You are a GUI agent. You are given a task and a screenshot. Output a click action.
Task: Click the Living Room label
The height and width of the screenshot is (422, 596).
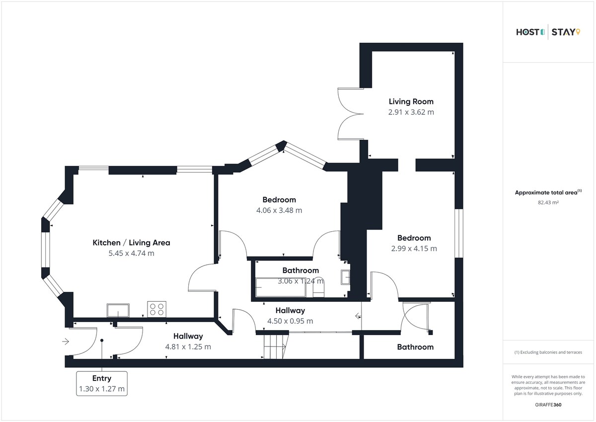click(411, 101)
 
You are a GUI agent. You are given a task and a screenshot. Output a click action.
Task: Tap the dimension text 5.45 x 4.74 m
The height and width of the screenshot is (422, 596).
click(132, 253)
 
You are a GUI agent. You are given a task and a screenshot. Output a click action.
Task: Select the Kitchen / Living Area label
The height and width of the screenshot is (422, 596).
click(132, 243)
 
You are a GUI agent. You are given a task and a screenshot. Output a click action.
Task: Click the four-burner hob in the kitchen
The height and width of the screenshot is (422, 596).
click(157, 309)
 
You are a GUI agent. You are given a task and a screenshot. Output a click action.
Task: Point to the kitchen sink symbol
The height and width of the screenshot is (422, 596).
click(118, 311)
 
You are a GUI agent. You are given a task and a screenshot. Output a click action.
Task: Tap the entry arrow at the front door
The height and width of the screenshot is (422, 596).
click(66, 341)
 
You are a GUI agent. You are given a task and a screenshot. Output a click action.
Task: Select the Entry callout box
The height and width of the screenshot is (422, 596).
click(102, 383)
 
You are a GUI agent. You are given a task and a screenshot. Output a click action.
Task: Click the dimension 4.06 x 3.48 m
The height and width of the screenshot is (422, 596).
click(279, 210)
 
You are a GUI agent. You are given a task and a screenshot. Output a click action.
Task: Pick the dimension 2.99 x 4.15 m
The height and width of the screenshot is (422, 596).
click(414, 249)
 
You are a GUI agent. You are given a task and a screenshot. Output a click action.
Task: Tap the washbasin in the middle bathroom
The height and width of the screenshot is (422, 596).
click(345, 277)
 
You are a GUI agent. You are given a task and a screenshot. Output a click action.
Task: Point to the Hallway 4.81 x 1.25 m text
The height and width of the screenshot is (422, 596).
click(188, 341)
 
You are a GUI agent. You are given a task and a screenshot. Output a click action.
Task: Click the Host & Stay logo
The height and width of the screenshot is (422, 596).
click(548, 32)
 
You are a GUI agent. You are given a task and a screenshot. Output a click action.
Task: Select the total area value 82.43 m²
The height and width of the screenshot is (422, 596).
click(548, 202)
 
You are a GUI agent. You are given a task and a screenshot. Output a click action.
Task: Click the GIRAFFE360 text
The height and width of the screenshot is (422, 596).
click(548, 405)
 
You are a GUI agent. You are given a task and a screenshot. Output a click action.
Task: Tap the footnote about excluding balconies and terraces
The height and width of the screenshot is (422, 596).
click(548, 352)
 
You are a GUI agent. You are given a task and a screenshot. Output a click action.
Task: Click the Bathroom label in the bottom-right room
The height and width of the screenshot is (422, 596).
click(415, 347)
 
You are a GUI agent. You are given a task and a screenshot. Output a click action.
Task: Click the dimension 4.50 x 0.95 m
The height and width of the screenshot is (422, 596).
click(290, 321)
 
